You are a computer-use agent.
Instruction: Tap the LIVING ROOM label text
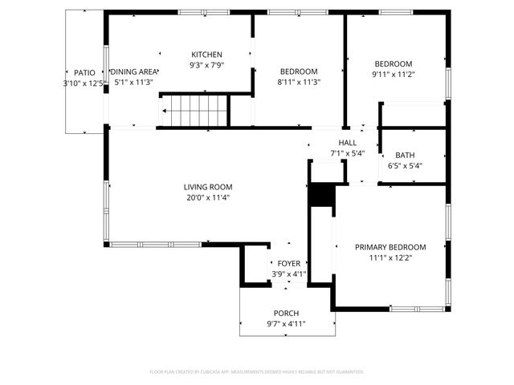click(208, 187)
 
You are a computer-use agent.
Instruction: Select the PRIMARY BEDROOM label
click(390, 247)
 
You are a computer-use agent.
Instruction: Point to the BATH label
click(405, 156)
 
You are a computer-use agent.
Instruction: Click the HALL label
click(348, 142)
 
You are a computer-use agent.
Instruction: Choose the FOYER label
click(288, 263)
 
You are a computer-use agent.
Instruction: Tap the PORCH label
click(286, 313)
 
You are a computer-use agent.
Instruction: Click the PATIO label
click(84, 72)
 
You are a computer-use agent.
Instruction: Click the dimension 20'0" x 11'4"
click(208, 197)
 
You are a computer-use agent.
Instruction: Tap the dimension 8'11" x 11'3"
click(299, 82)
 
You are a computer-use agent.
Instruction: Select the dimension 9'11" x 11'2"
click(394, 75)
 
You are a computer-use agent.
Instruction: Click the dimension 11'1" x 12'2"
click(390, 258)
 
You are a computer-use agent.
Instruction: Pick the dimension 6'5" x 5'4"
click(405, 166)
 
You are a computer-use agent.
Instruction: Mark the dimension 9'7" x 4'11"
click(286, 324)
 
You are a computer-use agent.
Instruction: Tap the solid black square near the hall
click(321, 196)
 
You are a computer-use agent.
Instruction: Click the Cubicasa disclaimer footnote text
click(257, 372)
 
